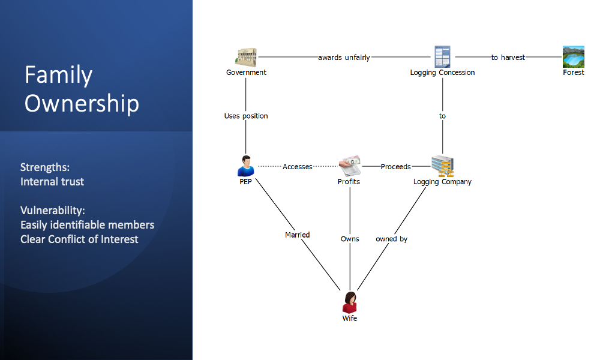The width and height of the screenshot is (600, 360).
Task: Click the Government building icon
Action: [245, 58]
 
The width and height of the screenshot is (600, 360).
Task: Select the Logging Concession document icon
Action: [442, 57]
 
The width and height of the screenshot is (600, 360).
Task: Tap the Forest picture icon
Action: [573, 57]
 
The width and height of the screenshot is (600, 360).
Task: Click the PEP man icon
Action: [245, 166]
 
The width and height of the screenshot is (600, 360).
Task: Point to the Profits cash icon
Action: [350, 166]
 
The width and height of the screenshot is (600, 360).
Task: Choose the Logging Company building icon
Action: [442, 166]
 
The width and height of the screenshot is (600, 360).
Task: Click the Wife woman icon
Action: [350, 302]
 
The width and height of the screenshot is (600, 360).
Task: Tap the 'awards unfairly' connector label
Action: [344, 58]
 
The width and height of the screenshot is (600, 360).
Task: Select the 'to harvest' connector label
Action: [508, 58]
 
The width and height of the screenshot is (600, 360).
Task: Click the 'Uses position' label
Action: [246, 116]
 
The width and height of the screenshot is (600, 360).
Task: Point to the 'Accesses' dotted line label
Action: [298, 166]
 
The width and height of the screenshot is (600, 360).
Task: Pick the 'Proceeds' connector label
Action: [395, 166]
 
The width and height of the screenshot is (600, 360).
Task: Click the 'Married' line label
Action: [298, 235]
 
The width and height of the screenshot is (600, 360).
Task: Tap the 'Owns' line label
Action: [350, 239]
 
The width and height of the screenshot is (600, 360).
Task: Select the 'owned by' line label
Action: [391, 239]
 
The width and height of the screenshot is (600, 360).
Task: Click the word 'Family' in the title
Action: [59, 75]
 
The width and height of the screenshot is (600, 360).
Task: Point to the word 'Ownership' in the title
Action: [82, 103]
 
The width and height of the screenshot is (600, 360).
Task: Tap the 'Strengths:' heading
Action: [45, 167]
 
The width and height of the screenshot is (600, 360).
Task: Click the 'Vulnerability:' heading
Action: [52, 211]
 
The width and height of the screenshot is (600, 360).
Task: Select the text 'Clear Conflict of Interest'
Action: [79, 239]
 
